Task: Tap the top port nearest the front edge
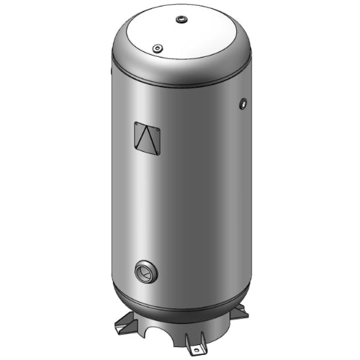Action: tap(156, 48)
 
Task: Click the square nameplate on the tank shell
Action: tap(148, 138)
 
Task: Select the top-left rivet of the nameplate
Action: tap(137, 124)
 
